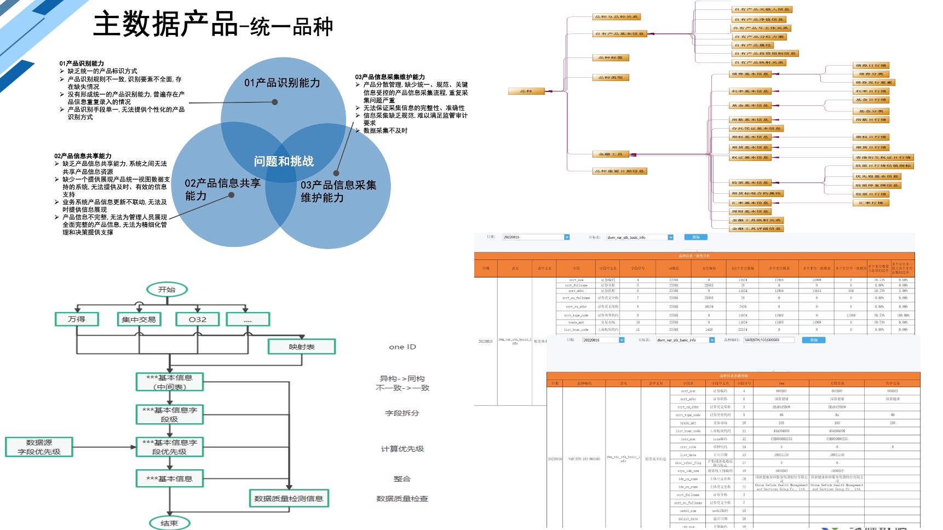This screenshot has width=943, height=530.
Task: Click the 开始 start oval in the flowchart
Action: click(167, 290)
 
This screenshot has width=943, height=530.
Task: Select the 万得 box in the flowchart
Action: click(77, 319)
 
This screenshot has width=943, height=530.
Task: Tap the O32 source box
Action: click(198, 319)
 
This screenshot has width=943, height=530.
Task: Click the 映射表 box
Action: click(302, 347)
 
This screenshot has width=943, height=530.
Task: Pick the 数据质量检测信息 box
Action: click(289, 498)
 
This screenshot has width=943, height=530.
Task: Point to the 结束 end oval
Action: click(169, 523)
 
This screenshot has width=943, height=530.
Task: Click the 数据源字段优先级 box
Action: click(39, 447)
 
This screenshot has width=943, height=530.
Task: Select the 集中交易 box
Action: click(139, 319)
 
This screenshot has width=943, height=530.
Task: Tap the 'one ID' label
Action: click(403, 347)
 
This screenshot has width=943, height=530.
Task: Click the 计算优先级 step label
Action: click(403, 449)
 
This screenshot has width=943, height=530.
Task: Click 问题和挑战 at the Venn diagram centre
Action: click(284, 161)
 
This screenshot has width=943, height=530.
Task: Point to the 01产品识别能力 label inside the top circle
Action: click(282, 83)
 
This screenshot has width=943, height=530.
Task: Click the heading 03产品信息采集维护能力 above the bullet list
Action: click(390, 77)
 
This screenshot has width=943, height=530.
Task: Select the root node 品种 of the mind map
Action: click(526, 91)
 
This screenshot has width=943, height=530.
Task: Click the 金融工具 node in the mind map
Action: click(611, 154)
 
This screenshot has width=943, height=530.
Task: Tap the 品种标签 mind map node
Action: click(611, 57)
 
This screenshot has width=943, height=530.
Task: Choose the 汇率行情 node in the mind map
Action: click(871, 203)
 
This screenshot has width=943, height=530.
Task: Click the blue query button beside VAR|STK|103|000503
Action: click(814, 340)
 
